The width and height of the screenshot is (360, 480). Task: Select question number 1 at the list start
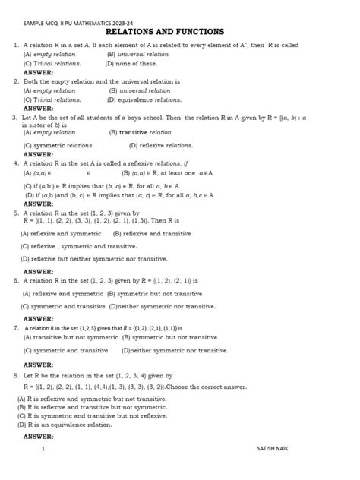click(15, 46)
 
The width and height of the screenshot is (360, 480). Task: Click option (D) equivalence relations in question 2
click(144, 99)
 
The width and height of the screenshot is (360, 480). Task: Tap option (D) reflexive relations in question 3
click(160, 144)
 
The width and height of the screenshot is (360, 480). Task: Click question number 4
click(15, 163)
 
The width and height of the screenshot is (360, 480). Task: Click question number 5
click(15, 213)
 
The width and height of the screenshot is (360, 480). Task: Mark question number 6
click(15, 280)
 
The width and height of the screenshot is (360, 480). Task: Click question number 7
click(15, 328)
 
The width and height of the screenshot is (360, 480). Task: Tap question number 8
click(15, 375)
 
